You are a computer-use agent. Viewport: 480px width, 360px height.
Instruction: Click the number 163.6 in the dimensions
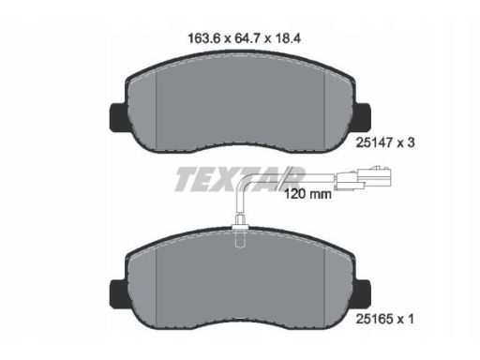204,38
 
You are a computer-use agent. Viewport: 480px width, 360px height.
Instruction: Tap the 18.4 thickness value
288,38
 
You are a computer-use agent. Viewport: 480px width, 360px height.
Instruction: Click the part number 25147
374,142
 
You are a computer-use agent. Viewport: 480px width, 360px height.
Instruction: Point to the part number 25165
374,319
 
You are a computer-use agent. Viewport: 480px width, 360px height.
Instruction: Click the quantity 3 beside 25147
411,142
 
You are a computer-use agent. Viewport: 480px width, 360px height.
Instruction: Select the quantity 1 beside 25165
411,319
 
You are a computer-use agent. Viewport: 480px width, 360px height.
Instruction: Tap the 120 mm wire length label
307,194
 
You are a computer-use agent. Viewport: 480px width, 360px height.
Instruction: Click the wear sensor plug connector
363,178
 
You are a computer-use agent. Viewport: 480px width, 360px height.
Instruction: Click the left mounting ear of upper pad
118,117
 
